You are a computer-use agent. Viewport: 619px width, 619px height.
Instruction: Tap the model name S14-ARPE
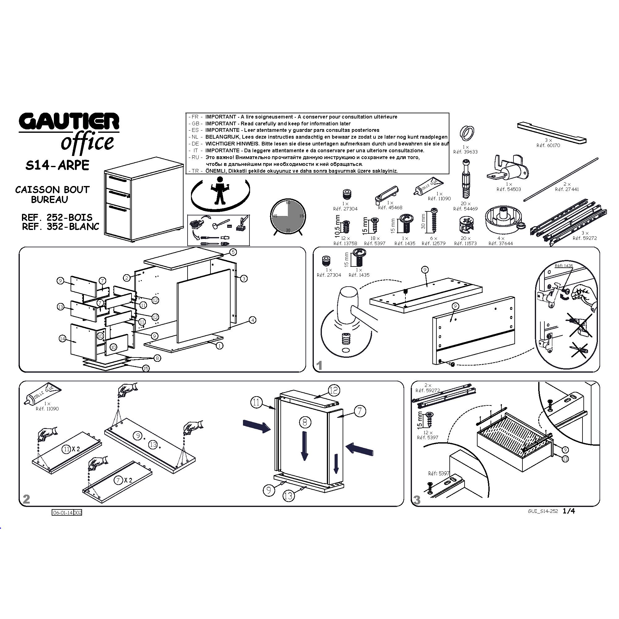pyautogui.click(x=57, y=165)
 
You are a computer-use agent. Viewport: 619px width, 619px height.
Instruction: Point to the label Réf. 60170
pyautogui.click(x=548, y=145)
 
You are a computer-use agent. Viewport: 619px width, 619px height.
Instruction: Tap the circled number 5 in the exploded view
pyautogui.click(x=233, y=252)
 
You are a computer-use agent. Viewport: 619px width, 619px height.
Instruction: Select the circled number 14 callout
pyautogui.click(x=63, y=338)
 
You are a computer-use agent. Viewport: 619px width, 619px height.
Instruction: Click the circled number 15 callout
pyautogui.click(x=146, y=368)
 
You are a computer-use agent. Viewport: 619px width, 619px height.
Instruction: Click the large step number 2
pyautogui.click(x=26, y=499)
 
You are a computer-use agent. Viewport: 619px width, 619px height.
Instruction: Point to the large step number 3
pyautogui.click(x=417, y=500)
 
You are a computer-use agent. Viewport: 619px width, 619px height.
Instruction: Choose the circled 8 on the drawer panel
pyautogui.click(x=305, y=422)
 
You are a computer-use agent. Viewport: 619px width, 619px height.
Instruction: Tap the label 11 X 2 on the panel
pyautogui.click(x=71, y=449)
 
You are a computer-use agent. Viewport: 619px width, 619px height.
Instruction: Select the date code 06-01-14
pyautogui.click(x=63, y=513)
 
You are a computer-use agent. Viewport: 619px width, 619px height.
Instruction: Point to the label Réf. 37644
pyautogui.click(x=500, y=244)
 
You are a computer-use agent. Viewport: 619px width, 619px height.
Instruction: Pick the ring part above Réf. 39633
pyautogui.click(x=467, y=133)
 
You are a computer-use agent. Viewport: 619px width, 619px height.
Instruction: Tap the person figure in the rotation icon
pyautogui.click(x=220, y=191)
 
